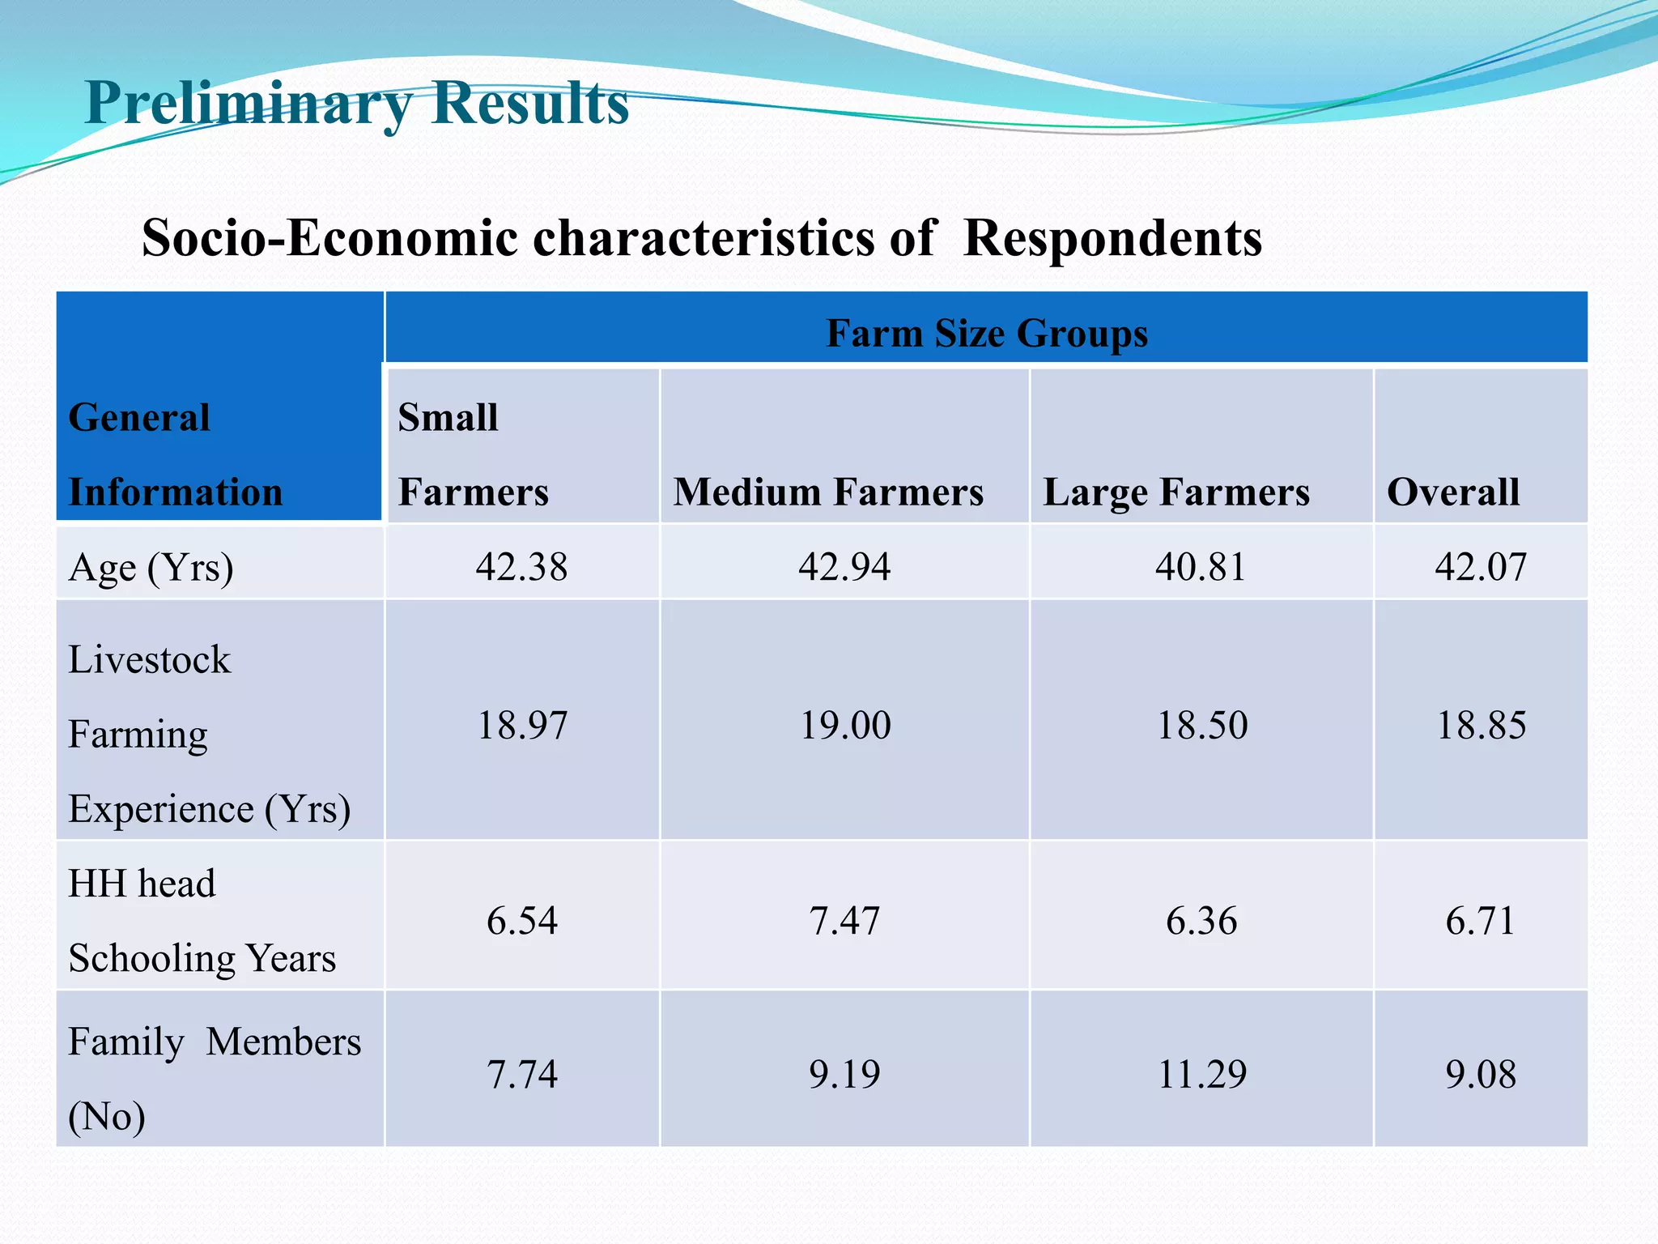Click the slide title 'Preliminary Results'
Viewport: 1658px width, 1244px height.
point(356,103)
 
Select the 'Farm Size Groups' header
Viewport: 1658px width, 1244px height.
point(986,333)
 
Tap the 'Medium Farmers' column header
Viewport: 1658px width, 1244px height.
point(828,492)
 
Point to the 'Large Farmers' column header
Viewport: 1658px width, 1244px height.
point(1175,492)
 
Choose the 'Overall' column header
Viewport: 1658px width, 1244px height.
point(1453,492)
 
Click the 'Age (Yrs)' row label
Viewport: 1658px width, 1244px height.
point(151,567)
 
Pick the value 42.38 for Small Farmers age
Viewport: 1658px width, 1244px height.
point(521,566)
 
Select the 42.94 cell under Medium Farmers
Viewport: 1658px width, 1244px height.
point(844,566)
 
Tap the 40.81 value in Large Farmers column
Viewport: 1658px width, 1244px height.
point(1201,566)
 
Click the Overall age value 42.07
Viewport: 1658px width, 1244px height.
point(1481,566)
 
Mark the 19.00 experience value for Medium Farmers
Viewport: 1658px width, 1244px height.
point(845,725)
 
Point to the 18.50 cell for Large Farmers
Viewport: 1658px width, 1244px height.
point(1202,725)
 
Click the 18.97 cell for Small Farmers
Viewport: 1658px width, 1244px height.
point(522,725)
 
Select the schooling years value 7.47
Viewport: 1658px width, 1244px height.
point(844,921)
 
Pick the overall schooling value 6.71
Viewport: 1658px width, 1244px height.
point(1481,921)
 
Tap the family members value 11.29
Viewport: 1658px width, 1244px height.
point(1202,1075)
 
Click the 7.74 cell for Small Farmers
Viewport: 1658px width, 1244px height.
point(522,1075)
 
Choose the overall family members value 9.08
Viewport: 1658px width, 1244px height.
point(1481,1075)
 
